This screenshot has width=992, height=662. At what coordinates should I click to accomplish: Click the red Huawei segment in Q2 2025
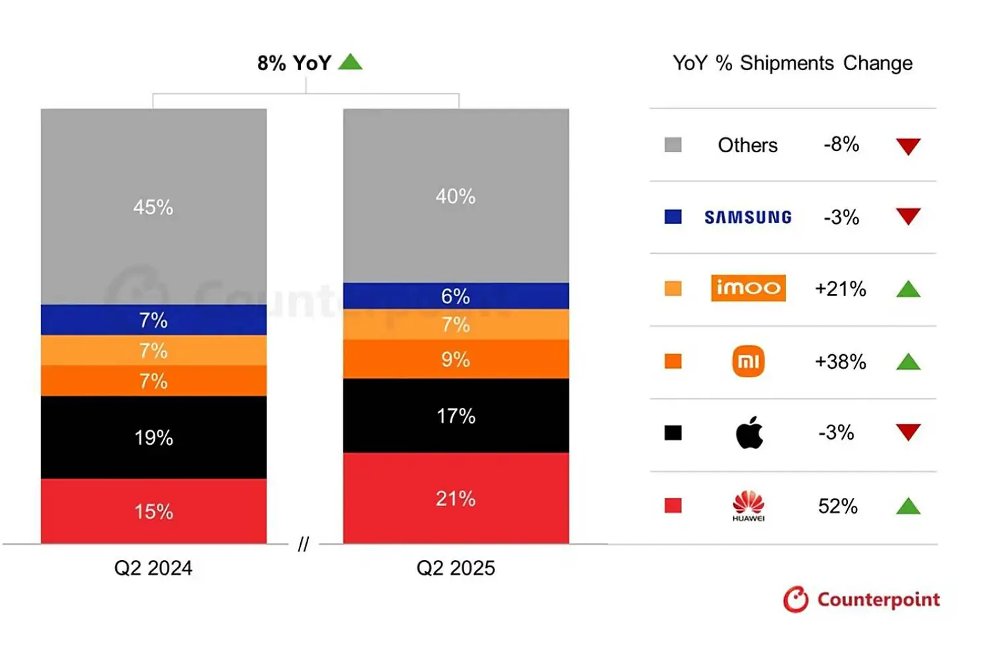click(x=456, y=498)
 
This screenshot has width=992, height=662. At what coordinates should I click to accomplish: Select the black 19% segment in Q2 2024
click(x=153, y=437)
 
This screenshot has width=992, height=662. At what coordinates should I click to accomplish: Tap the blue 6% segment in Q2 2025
click(x=456, y=295)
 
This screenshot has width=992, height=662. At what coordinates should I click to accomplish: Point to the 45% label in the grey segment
click(x=153, y=207)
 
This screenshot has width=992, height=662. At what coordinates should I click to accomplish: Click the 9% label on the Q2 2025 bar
click(x=456, y=359)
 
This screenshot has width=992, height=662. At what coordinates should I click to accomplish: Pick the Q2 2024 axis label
click(x=153, y=568)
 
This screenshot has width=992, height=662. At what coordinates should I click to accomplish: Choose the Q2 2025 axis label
click(x=456, y=568)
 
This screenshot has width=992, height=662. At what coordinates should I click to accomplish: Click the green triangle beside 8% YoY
click(x=350, y=62)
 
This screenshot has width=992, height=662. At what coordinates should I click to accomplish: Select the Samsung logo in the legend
click(x=748, y=217)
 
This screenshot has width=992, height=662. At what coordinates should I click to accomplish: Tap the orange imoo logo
click(x=748, y=288)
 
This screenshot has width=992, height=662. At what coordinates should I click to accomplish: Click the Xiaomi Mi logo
click(x=748, y=361)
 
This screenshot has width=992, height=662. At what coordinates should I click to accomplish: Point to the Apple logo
click(x=749, y=433)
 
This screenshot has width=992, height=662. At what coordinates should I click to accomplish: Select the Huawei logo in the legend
click(x=748, y=506)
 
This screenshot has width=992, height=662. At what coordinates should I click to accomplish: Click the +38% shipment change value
click(x=840, y=361)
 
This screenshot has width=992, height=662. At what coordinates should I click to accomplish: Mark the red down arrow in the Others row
click(x=908, y=146)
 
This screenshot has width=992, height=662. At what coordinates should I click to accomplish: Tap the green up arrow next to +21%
click(x=908, y=289)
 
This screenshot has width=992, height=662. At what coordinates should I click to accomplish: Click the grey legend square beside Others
click(x=673, y=145)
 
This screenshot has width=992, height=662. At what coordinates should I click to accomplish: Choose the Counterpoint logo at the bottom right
click(x=861, y=599)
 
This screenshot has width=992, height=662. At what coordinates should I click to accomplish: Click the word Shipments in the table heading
click(x=786, y=63)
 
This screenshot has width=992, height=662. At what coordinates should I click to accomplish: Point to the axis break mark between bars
click(x=304, y=544)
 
